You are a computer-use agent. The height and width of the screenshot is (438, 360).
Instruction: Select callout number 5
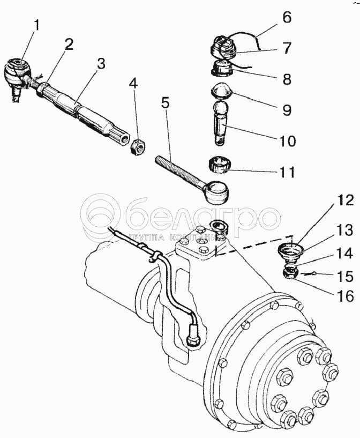(165, 102)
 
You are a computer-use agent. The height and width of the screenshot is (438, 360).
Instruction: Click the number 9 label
(287, 110)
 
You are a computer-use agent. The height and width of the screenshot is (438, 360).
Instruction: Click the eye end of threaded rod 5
(216, 189)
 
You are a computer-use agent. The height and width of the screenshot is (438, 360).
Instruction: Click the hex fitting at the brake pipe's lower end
(191, 340)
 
